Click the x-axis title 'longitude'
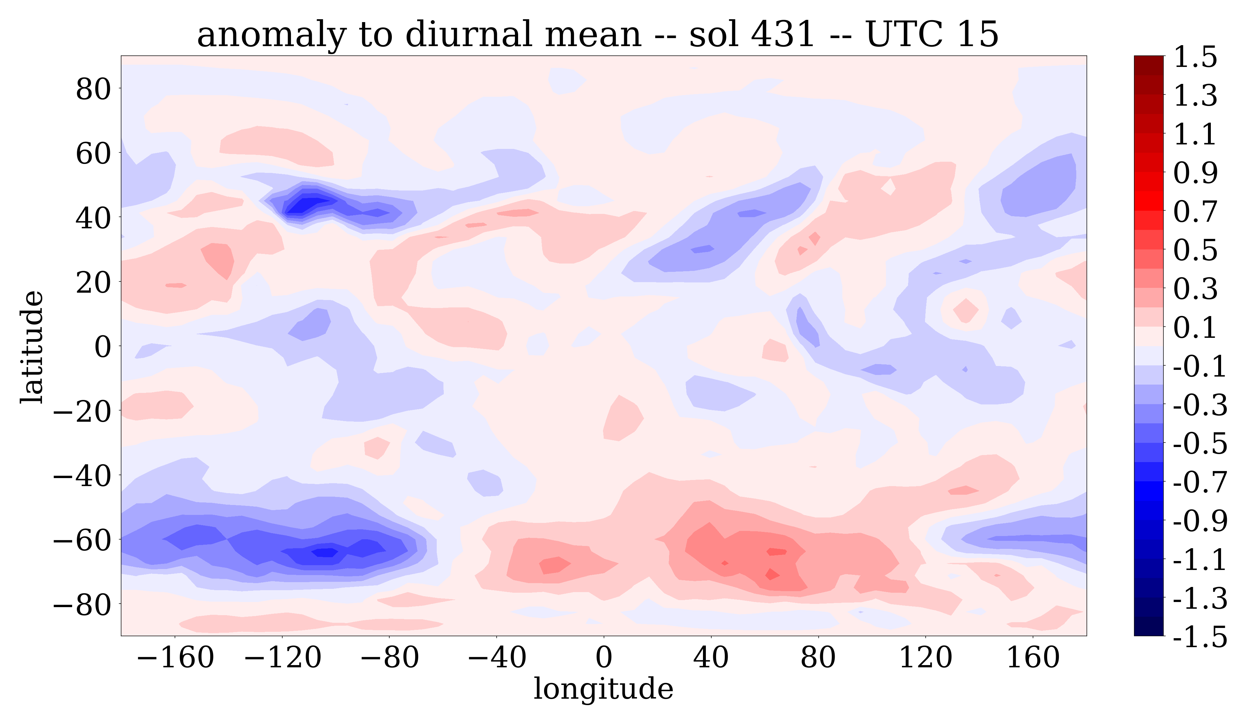[603, 689]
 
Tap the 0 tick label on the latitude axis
[103, 347]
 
